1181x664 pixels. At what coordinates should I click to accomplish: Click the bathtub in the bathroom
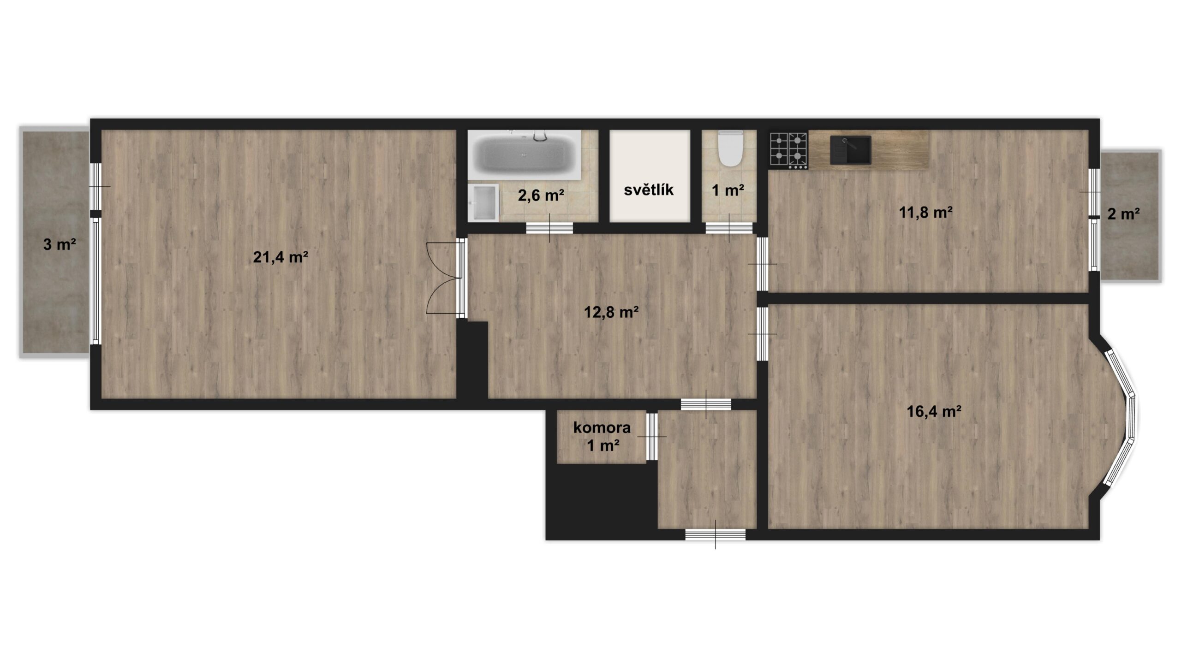(525, 155)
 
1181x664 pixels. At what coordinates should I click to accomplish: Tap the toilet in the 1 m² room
(730, 148)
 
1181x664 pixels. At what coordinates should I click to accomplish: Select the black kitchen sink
(850, 150)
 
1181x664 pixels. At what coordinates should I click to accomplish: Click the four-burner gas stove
(788, 150)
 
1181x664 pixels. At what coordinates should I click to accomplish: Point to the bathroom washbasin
(483, 202)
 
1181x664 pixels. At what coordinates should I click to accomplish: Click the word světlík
(649, 190)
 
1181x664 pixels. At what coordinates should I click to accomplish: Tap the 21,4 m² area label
(280, 257)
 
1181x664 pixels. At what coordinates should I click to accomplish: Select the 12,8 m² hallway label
(611, 312)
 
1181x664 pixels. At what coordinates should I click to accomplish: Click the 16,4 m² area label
(934, 411)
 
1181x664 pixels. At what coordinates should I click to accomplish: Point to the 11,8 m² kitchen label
(926, 213)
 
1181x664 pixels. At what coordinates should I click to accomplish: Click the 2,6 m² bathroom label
(541, 196)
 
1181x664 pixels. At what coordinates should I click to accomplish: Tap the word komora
(602, 427)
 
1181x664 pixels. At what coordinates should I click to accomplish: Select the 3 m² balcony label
(60, 244)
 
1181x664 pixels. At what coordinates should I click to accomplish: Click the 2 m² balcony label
(1123, 214)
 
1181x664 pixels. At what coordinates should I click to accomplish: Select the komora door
(651, 437)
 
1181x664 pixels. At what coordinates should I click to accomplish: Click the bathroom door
(549, 228)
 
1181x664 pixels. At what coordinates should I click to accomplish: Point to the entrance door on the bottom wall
(716, 534)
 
